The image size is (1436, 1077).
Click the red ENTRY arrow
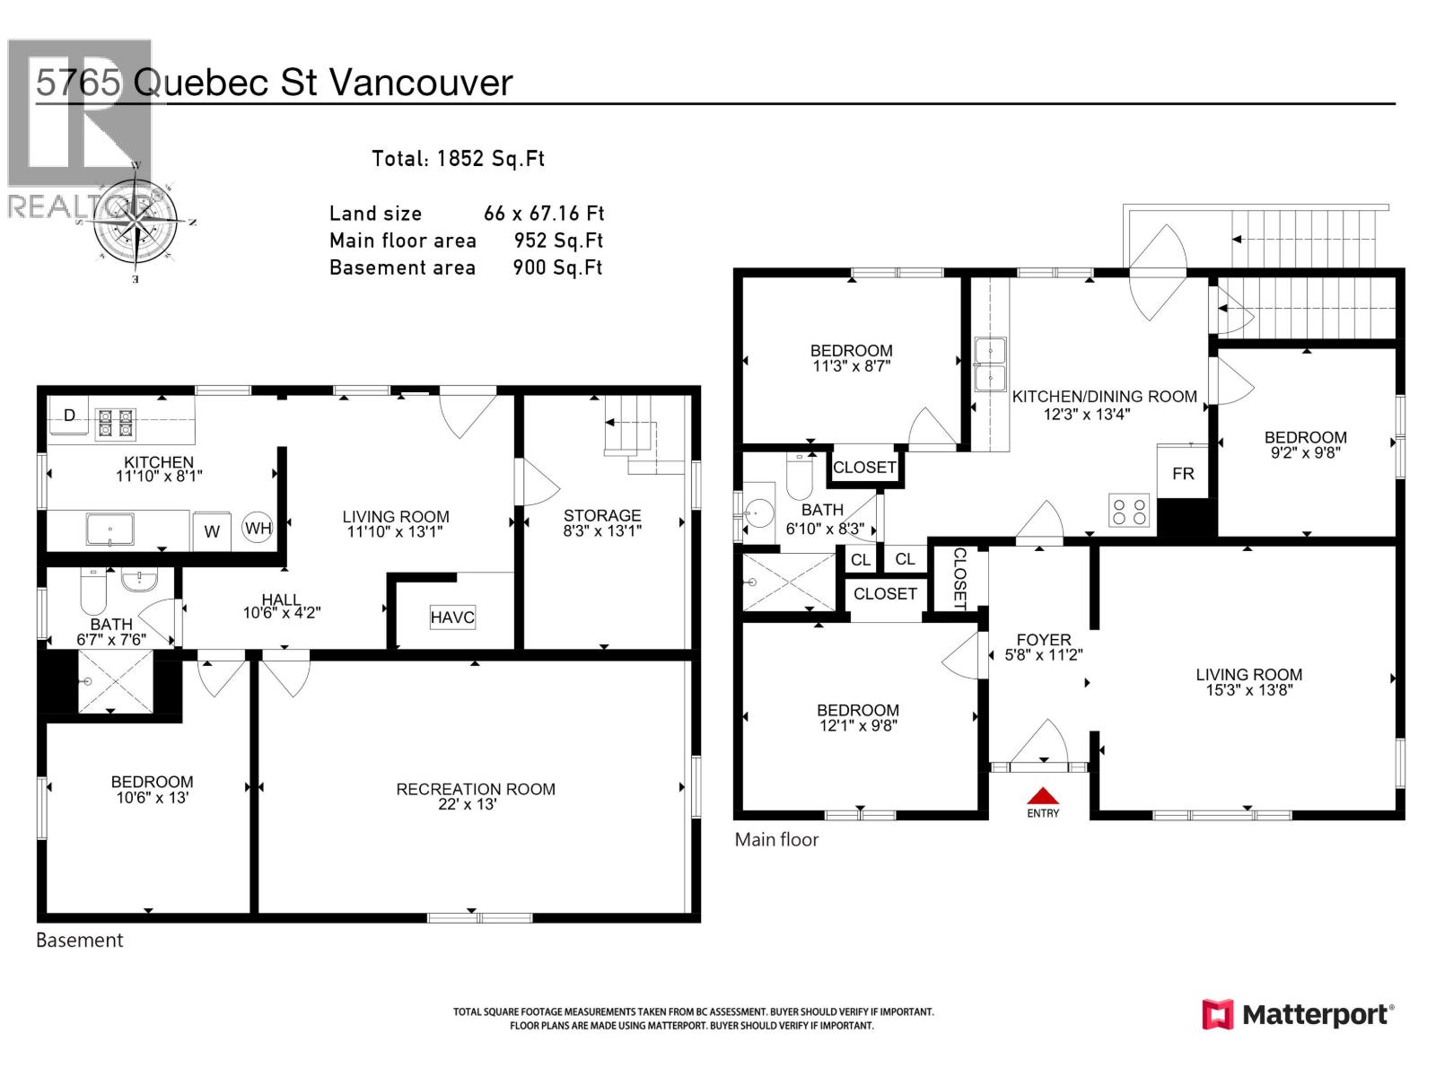coord(1043,796)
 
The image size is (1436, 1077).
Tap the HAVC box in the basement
coord(452,617)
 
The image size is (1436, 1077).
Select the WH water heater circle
coord(258,528)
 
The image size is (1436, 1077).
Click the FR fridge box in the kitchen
coord(1183,473)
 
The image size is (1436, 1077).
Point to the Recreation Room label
coord(476,789)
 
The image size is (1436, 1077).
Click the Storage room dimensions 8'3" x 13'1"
coord(602,531)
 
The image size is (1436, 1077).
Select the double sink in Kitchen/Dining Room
coord(991,364)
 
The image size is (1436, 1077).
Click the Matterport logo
coord(1298,1015)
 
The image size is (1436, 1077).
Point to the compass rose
coord(136,219)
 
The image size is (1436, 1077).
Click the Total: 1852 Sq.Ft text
coord(458,159)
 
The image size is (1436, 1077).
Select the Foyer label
coord(1044,640)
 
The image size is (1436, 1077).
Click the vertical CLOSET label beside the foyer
coord(959,579)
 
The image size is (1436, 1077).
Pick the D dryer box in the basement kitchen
coord(70,416)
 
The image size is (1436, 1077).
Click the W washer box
coord(212,531)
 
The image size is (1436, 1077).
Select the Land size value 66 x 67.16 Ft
coord(544,214)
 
